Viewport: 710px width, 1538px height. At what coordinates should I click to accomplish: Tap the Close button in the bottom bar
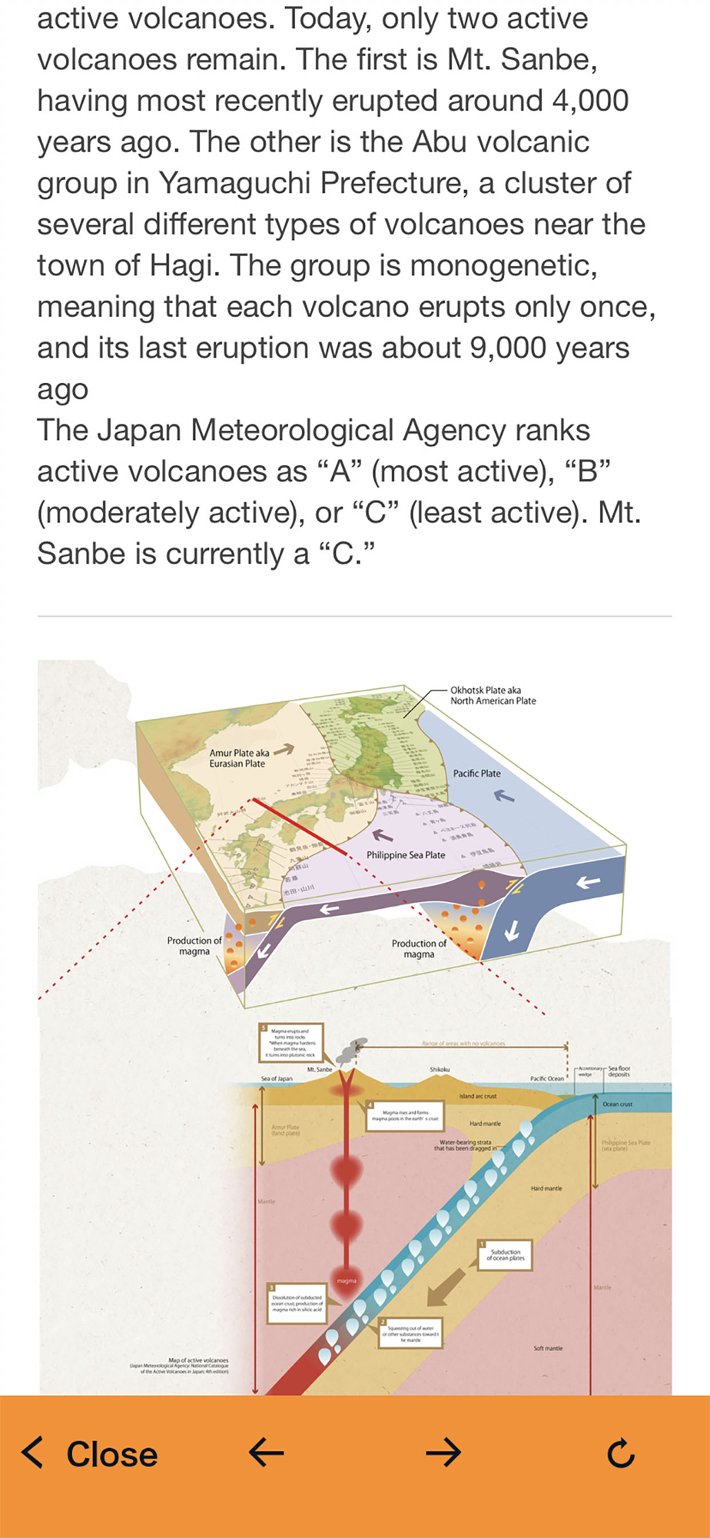pyautogui.click(x=91, y=1454)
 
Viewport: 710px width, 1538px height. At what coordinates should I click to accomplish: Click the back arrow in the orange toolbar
pyautogui.click(x=267, y=1453)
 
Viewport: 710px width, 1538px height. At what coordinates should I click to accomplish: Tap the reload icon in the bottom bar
pyautogui.click(x=620, y=1453)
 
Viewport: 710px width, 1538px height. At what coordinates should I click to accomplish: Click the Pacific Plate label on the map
pyautogui.click(x=476, y=774)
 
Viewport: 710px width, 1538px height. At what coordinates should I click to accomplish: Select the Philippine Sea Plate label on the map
pyautogui.click(x=406, y=855)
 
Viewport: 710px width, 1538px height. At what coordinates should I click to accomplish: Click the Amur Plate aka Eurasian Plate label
pyautogui.click(x=239, y=758)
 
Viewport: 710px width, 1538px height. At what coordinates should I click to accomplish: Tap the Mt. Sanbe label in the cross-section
pyautogui.click(x=320, y=1070)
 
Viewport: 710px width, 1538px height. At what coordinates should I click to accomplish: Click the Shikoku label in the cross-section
pyautogui.click(x=440, y=1070)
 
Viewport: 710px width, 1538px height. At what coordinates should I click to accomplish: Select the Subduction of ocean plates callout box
pyautogui.click(x=506, y=1255)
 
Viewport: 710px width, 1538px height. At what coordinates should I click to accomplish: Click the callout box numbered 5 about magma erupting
pyautogui.click(x=290, y=1043)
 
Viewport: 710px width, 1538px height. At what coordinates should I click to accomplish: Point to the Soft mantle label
pyautogui.click(x=548, y=1348)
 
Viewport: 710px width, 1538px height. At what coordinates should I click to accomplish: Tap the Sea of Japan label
pyautogui.click(x=277, y=1079)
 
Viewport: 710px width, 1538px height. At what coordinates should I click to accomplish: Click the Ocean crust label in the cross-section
pyautogui.click(x=617, y=1104)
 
